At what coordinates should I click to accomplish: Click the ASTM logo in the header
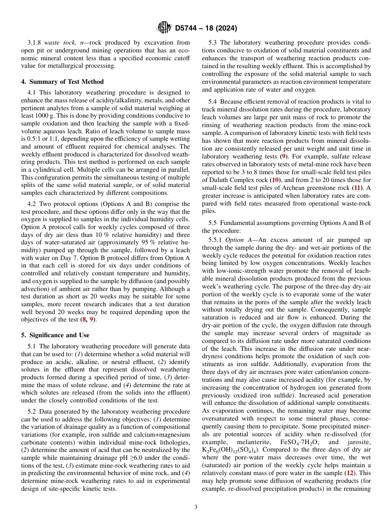pyautogui.click(x=165, y=28)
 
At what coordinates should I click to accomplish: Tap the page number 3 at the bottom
pyautogui.click(x=196, y=507)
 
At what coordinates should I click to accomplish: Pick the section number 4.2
pyautogui.click(x=33, y=204)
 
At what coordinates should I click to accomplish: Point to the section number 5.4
pyautogui.click(x=213, y=102)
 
